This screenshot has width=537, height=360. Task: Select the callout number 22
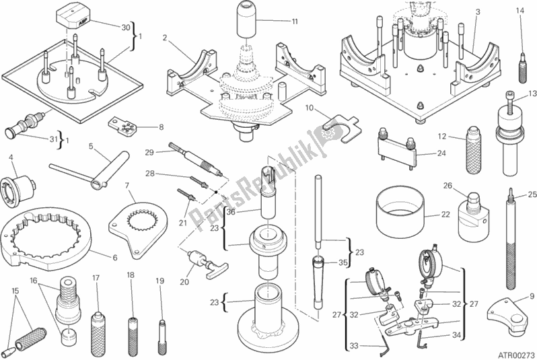click(x=445, y=215)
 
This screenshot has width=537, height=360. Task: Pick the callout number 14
click(x=519, y=10)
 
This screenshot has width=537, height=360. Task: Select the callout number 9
click(x=531, y=295)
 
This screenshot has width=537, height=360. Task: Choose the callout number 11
click(x=294, y=22)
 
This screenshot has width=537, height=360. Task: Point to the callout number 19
click(x=159, y=280)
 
